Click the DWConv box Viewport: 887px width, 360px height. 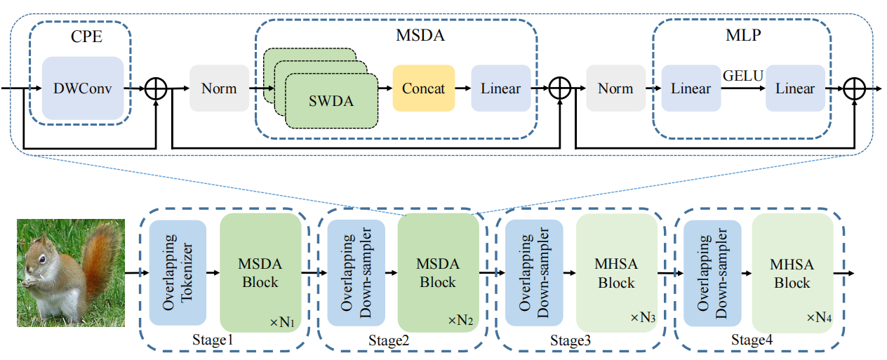(x=83, y=88)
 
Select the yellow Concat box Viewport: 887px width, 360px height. (x=424, y=88)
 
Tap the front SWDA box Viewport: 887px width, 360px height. (x=331, y=101)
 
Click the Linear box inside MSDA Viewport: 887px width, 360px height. (x=501, y=88)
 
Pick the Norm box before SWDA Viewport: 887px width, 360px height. (x=220, y=88)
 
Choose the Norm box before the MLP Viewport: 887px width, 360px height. (x=615, y=88)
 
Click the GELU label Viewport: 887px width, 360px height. (x=743, y=76)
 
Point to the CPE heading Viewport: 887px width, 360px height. (x=87, y=36)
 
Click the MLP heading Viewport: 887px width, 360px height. (x=743, y=35)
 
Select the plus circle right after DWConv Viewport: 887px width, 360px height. (x=156, y=88)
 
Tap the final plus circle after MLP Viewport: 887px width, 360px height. (x=855, y=88)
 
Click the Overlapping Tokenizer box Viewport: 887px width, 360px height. (x=178, y=273)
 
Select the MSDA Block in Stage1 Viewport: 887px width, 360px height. (x=260, y=273)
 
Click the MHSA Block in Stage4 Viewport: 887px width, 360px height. (x=793, y=273)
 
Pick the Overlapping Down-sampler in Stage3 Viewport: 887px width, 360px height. (x=534, y=273)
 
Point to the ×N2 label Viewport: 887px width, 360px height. (x=460, y=320)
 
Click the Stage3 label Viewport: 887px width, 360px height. (x=571, y=340)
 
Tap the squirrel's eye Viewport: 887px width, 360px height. (x=42, y=260)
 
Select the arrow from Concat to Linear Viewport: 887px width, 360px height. (x=463, y=88)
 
